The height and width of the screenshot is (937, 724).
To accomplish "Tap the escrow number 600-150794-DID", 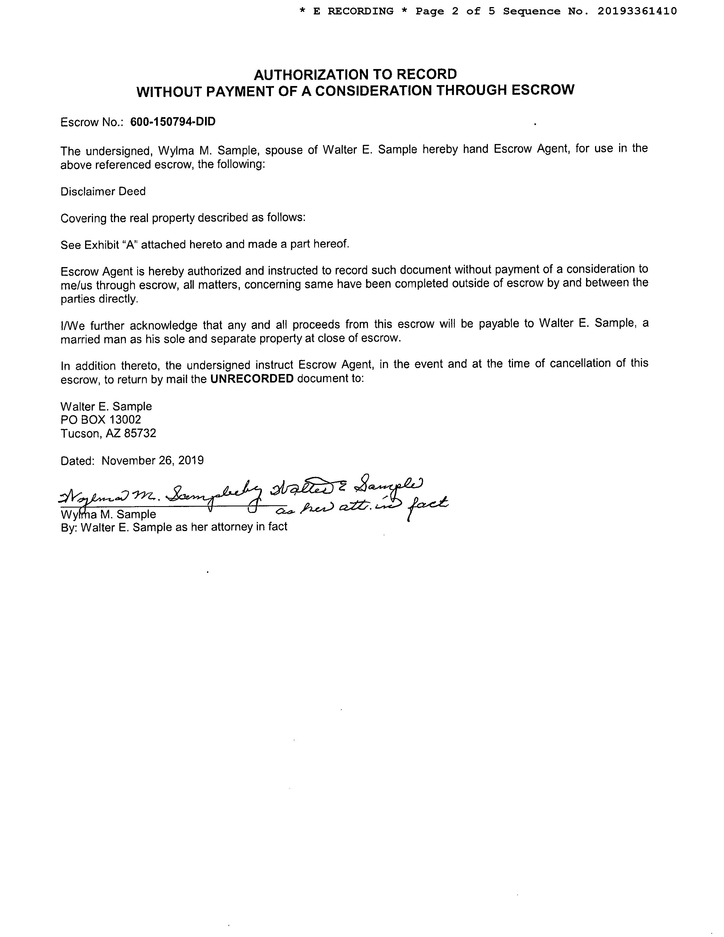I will tap(173, 122).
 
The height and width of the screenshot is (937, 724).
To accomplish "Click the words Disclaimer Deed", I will tap(103, 191).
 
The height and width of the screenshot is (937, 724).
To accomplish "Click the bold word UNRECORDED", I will tap(252, 379).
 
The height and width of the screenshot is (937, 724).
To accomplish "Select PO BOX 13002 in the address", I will tap(101, 420).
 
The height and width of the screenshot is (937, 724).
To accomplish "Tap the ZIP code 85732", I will tap(140, 433).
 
